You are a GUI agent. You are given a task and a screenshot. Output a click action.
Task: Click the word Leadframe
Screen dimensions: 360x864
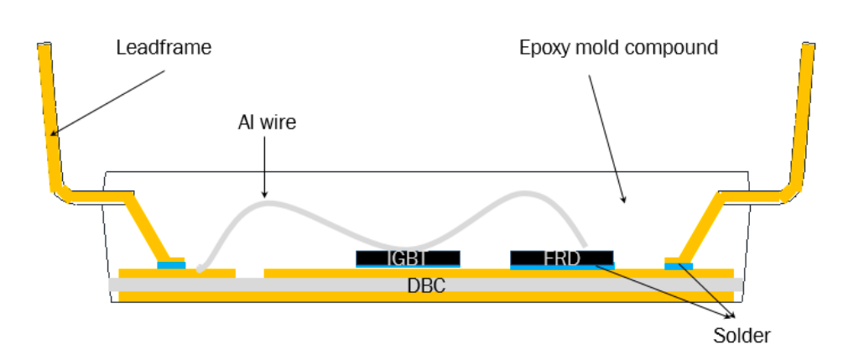click(x=164, y=48)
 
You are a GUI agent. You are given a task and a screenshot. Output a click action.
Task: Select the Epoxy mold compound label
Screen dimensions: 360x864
click(x=618, y=47)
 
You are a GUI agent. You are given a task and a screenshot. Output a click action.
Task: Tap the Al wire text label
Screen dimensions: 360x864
click(x=268, y=123)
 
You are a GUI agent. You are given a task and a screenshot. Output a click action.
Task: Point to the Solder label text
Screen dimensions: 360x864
click(x=742, y=337)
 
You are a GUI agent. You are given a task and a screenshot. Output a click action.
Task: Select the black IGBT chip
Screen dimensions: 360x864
click(x=408, y=257)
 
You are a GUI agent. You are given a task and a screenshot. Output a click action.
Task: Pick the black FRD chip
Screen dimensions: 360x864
click(x=561, y=257)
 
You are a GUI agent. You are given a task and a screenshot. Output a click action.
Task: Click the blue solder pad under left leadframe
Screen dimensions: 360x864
click(x=171, y=265)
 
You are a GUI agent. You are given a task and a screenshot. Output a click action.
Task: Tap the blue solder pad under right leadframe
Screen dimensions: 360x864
click(x=679, y=266)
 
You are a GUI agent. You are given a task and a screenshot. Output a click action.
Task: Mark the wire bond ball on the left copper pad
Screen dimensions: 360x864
click(x=200, y=269)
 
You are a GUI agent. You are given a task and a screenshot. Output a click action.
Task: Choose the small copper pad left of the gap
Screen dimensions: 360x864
click(x=177, y=274)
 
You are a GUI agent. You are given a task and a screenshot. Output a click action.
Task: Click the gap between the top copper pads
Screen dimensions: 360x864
click(x=250, y=274)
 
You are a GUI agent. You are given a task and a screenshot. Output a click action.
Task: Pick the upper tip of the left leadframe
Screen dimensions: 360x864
click(x=44, y=47)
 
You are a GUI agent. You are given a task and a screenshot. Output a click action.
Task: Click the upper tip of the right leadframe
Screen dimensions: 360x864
click(x=809, y=47)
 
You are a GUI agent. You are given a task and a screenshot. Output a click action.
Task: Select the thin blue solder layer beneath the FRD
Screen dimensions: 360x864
click(x=561, y=266)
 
